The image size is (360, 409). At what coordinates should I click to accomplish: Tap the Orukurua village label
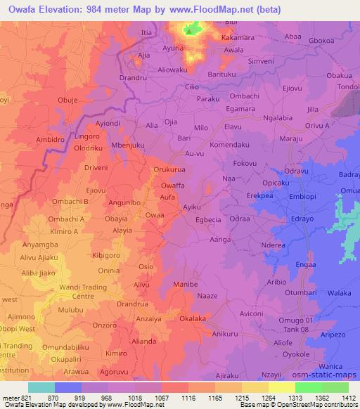(x=173, y=169)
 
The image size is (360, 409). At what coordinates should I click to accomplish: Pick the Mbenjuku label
(x=128, y=145)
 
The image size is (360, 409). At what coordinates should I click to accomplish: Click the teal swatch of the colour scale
(x=41, y=387)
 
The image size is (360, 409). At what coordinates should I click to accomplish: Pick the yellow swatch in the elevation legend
(x=282, y=387)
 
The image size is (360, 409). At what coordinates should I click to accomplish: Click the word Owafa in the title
(x=23, y=11)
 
